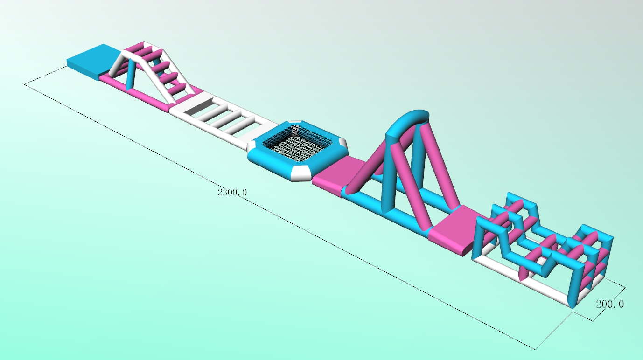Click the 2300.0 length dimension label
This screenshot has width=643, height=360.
pyautogui.click(x=232, y=192)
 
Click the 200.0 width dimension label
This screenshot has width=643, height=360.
pyautogui.click(x=610, y=304)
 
